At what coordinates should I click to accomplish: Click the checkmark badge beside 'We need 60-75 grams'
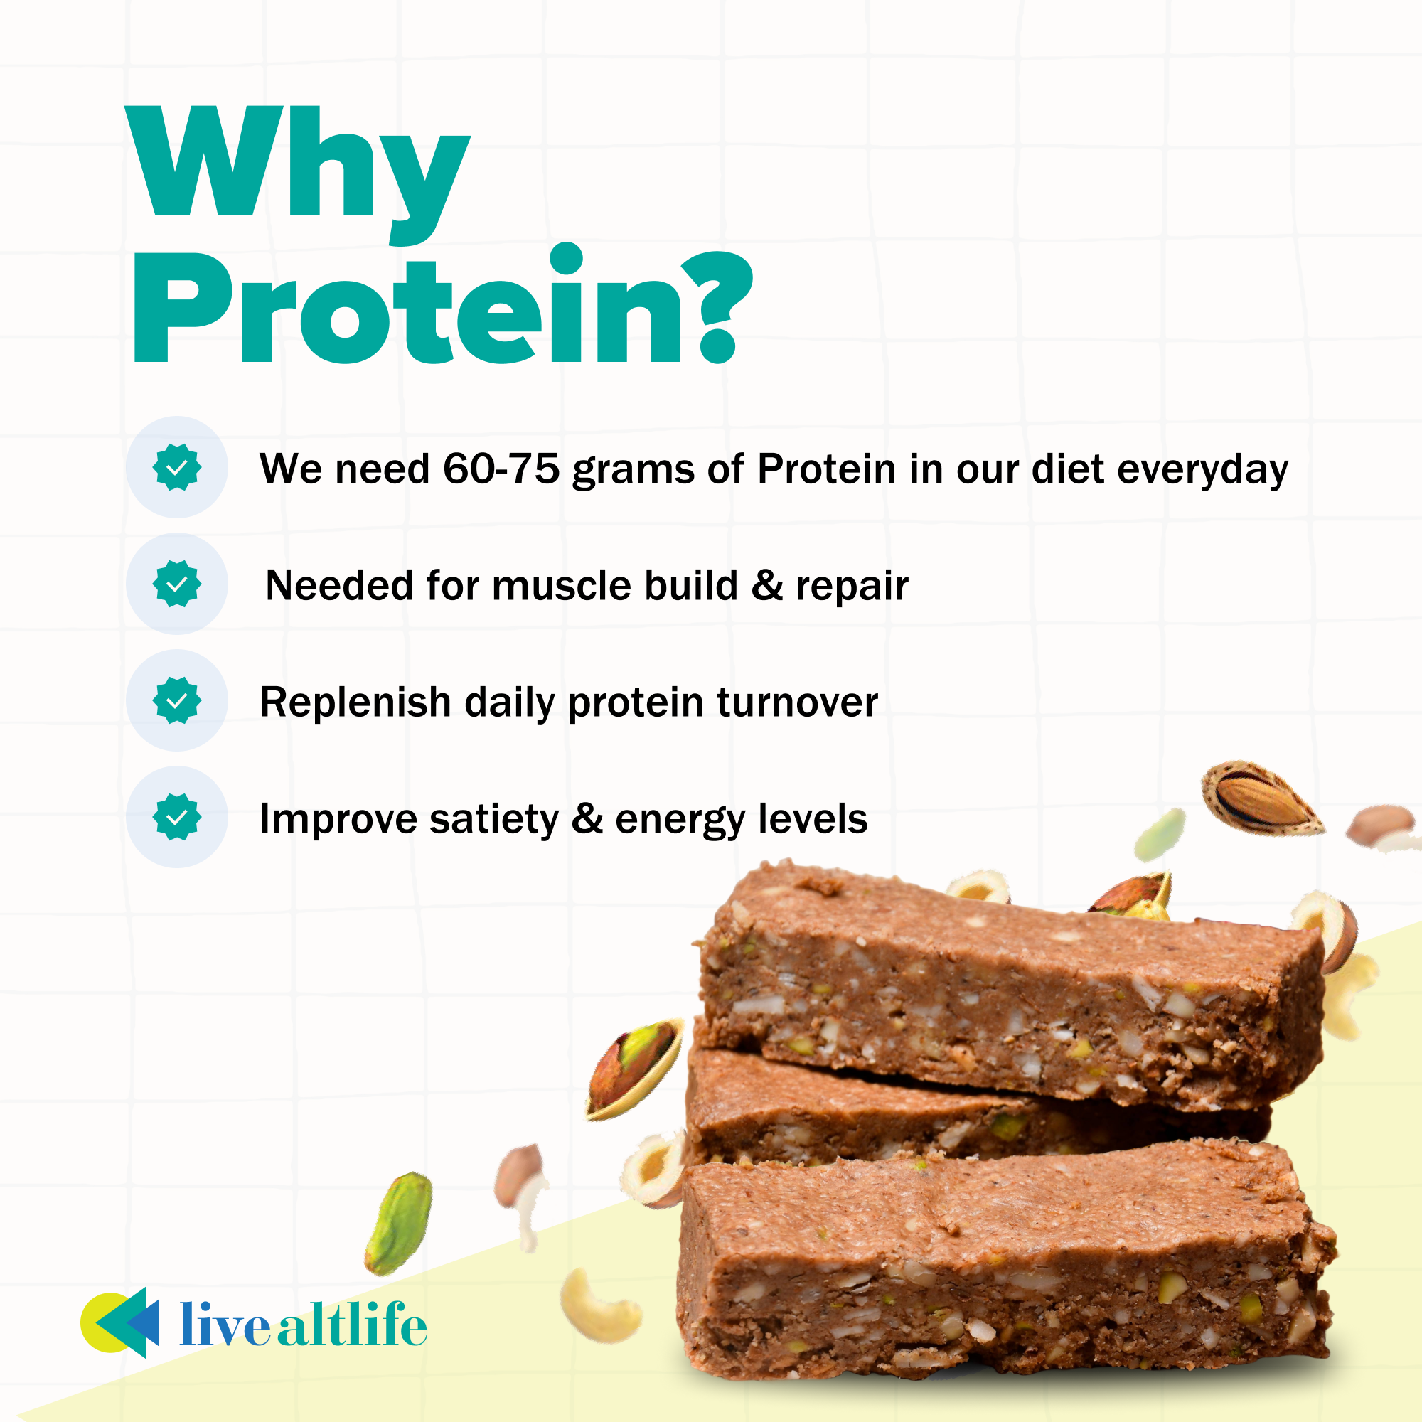pos(176,467)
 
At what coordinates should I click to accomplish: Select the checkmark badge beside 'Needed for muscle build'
pos(176,584)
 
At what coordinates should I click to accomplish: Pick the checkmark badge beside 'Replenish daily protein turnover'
pos(176,700)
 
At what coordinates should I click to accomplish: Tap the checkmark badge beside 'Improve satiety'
pos(176,817)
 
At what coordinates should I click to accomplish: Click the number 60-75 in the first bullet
pos(501,469)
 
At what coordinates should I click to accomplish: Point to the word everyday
pos(1203,469)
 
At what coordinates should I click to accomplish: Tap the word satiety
pos(494,819)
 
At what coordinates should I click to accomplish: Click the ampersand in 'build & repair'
pos(766,586)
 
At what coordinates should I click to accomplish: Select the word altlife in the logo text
pos(353,1325)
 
